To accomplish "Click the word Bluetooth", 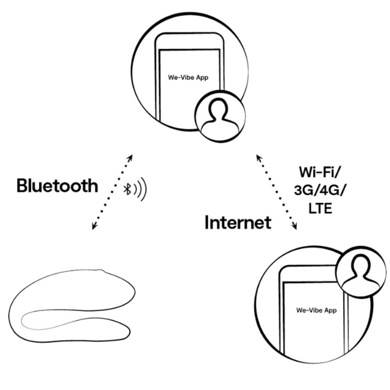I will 57,185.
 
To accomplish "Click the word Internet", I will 238,223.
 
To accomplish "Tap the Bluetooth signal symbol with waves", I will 135,190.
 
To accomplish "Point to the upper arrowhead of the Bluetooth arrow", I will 130,158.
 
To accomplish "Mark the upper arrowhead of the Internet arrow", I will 259,157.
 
